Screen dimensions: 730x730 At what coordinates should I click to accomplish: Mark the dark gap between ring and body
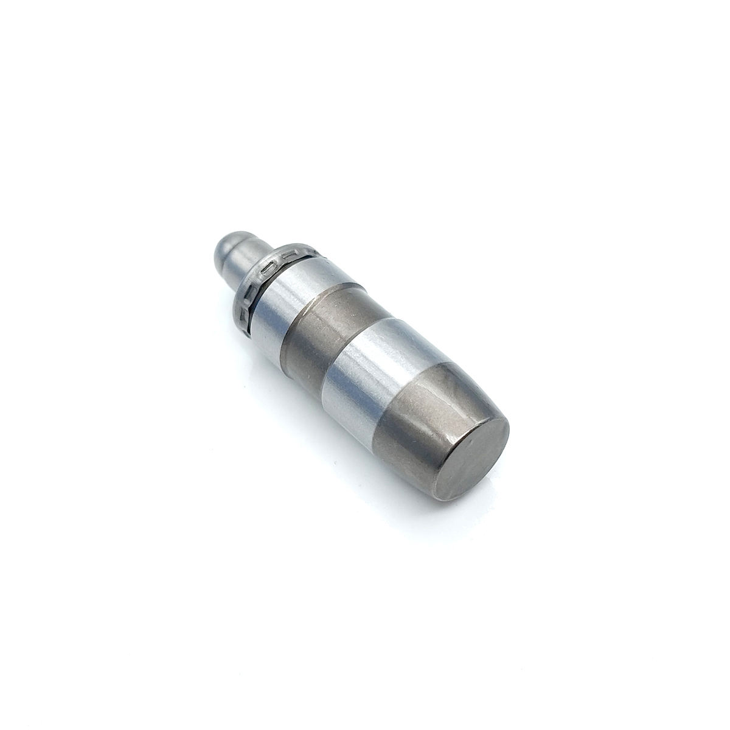click(x=259, y=304)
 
